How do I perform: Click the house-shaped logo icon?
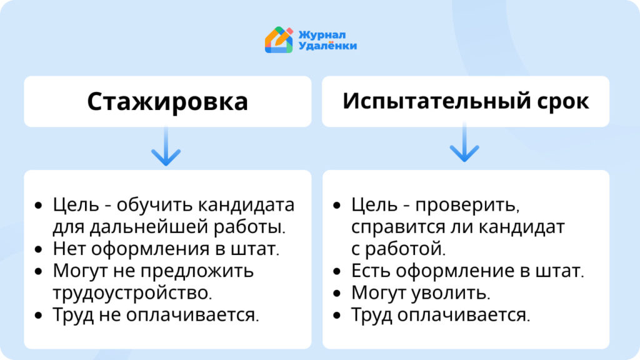[x=279, y=40]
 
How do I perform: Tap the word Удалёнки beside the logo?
[x=327, y=46]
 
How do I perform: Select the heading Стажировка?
[x=167, y=102]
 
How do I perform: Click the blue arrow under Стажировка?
[x=166, y=146]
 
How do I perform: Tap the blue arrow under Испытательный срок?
[x=464, y=142]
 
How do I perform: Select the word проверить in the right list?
[x=467, y=205]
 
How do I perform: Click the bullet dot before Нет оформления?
[x=39, y=249]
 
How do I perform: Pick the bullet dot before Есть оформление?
[x=337, y=271]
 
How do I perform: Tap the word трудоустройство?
[x=132, y=293]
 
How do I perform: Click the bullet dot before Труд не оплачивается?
[x=39, y=316]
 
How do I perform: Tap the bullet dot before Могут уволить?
[x=337, y=294]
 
